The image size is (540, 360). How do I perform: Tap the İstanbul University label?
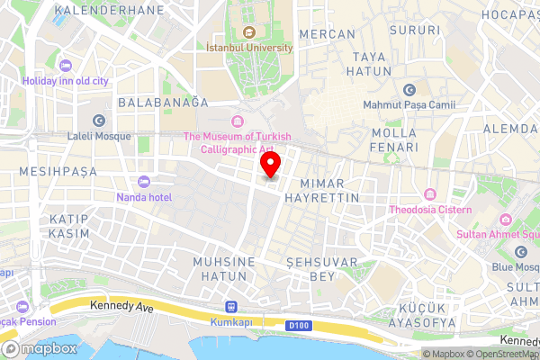(249, 47)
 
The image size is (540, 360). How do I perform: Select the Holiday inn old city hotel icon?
(65, 66)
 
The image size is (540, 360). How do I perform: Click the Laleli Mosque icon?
(98, 120)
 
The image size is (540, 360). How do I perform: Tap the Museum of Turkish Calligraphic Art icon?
(238, 121)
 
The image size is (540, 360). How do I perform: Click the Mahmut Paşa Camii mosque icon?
(409, 90)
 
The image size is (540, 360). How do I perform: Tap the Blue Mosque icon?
(520, 252)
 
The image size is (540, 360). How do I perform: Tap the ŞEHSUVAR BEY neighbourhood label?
(321, 268)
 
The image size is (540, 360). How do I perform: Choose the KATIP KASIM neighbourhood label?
(69, 226)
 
